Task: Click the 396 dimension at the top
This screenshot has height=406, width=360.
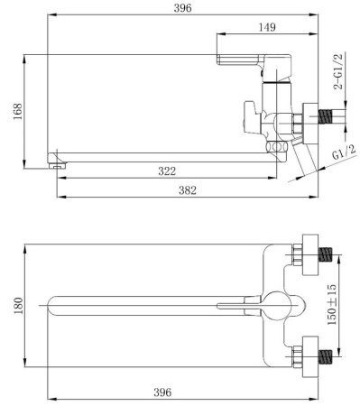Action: point(182,8)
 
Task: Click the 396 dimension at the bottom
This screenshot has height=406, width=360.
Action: point(162,392)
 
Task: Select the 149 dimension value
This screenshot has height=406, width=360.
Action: point(267,27)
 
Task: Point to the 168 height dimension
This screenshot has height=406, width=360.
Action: point(17,111)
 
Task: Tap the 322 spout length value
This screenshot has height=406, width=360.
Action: point(167,171)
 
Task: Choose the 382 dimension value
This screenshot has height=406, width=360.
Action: point(188,190)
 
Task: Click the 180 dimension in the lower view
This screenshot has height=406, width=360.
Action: point(18,306)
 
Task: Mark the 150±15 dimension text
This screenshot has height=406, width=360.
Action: point(332,304)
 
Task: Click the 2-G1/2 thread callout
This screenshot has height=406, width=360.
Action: point(338,71)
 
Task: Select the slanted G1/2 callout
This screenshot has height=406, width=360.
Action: point(344,152)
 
